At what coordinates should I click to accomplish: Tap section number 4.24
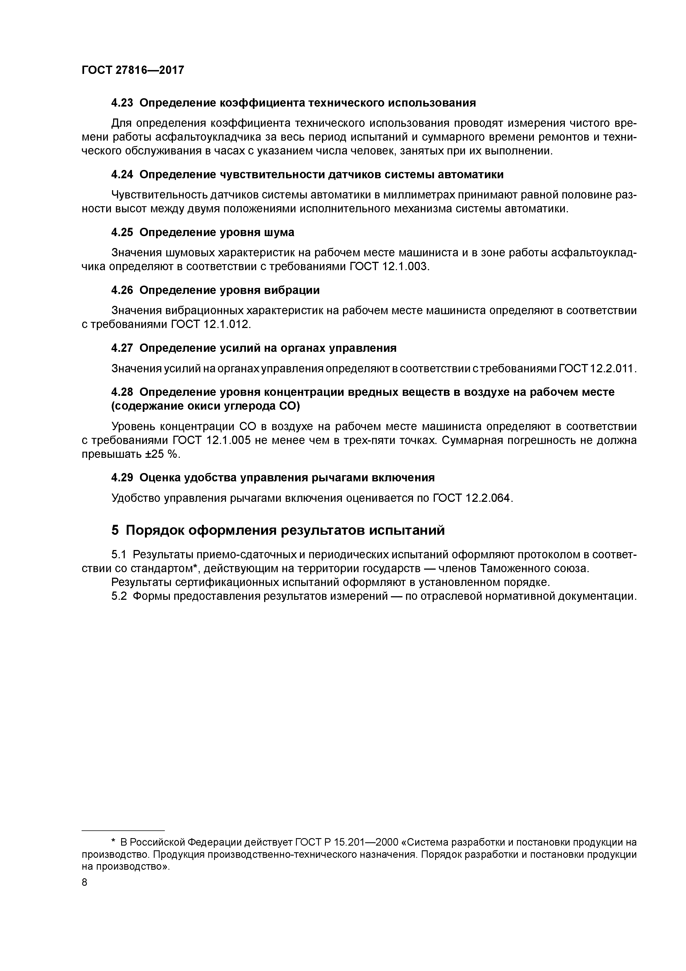point(122,175)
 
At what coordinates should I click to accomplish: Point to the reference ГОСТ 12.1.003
point(389,267)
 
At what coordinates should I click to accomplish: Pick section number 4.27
point(122,348)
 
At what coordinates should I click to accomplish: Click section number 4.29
point(122,478)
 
